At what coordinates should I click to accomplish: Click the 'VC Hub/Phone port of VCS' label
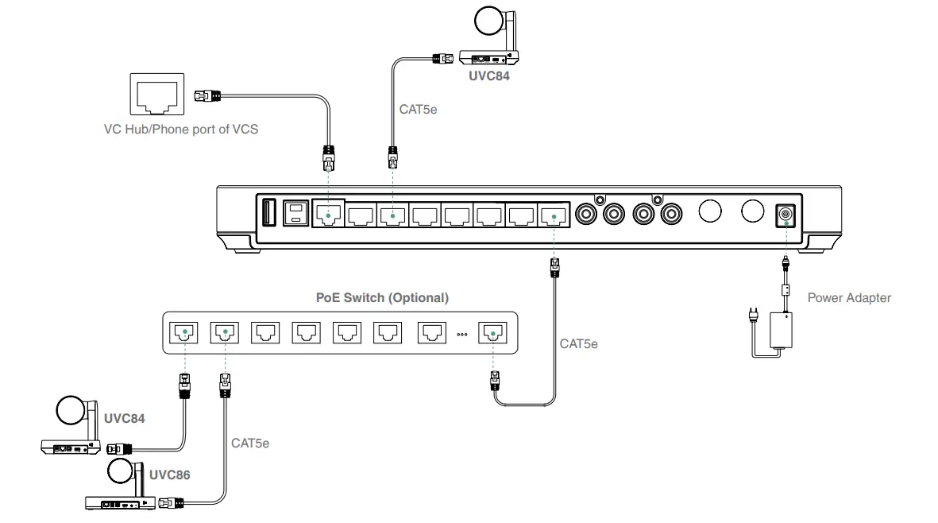point(180,129)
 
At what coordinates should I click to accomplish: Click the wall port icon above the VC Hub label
point(156,95)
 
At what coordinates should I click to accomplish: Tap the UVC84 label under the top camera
point(489,77)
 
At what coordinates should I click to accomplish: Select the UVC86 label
point(170,475)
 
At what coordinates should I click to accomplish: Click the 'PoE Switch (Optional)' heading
point(382,298)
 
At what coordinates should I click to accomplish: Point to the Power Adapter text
point(849,298)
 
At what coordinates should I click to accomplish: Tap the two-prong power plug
point(751,317)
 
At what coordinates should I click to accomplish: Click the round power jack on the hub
point(786,214)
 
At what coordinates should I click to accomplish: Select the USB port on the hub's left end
point(267,214)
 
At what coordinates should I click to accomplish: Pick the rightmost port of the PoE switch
point(492,332)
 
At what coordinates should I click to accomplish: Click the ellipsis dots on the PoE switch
point(461,334)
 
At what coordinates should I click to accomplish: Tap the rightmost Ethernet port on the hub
point(551,214)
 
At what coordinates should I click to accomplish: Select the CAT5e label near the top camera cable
point(418,110)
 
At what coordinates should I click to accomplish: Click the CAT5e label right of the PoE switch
point(578,344)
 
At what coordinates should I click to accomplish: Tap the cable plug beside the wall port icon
point(206,95)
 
